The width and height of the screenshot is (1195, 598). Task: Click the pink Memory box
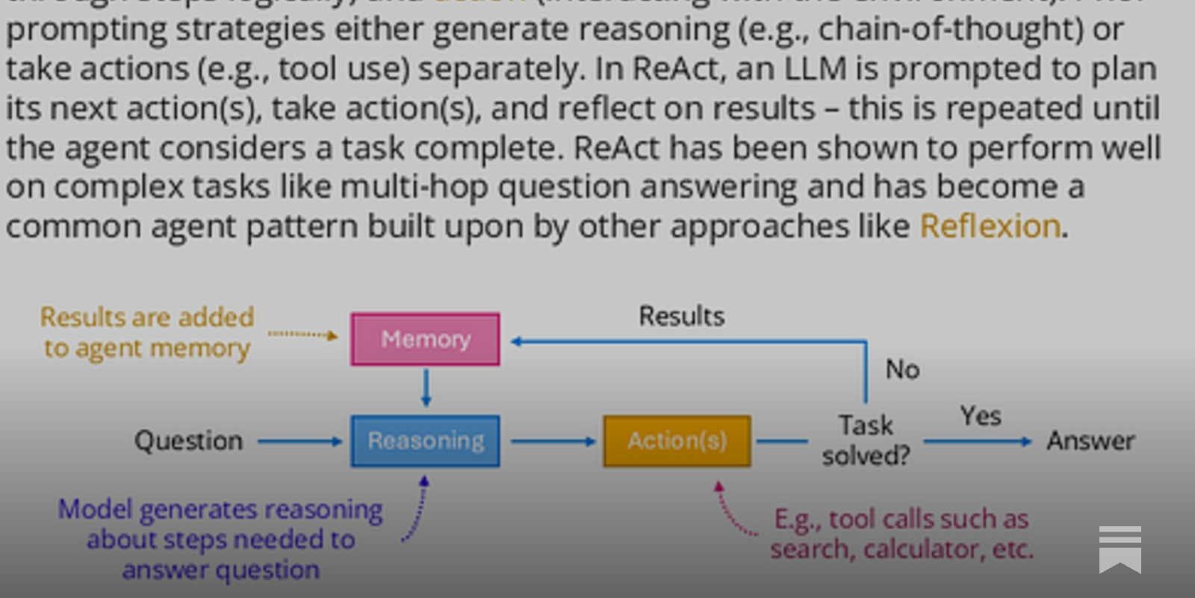pos(425,339)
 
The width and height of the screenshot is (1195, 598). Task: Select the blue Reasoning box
pos(425,441)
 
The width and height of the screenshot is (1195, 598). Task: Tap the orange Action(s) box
pos(677,441)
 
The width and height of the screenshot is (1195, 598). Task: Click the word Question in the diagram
pos(189,441)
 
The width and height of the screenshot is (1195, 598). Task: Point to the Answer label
pos(1090,441)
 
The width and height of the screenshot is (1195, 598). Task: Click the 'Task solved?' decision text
pos(866,440)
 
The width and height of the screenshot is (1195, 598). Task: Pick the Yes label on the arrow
pos(980,416)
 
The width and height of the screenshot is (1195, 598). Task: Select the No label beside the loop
pos(902,369)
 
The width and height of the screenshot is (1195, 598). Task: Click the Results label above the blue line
pos(681,316)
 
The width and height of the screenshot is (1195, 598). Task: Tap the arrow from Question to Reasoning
pos(299,442)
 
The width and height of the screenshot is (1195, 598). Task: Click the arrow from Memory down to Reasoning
pos(426,387)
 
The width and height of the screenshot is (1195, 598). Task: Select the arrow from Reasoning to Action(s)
pos(553,442)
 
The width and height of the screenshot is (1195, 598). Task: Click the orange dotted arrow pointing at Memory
pos(302,334)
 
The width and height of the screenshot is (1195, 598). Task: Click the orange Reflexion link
pos(990,226)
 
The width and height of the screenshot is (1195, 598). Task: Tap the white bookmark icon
pos(1120,549)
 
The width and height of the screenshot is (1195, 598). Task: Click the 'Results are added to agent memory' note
pos(147,333)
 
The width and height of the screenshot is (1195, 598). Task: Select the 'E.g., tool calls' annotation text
pos(901,534)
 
